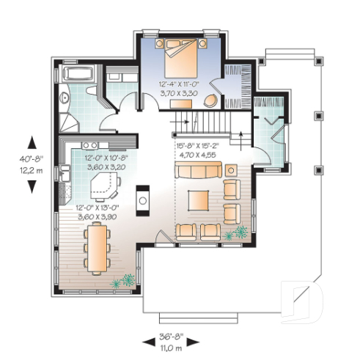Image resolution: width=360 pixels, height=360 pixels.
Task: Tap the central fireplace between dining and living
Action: tap(143, 199)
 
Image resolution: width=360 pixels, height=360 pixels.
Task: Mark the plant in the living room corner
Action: tap(238, 234)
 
